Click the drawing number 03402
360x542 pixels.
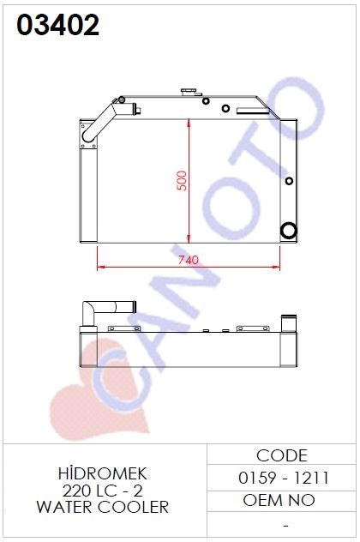pos(58,25)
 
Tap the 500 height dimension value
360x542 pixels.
pos(182,180)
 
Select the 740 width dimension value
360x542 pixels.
pos(189,260)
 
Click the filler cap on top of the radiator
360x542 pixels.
pos(191,93)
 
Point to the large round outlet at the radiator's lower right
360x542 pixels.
pos(288,231)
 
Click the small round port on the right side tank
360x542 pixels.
pos(289,181)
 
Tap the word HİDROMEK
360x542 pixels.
pos(103,473)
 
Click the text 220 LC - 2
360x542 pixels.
pos(103,491)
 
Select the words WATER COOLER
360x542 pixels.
pos(103,507)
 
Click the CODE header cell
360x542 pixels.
pos(282,455)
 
